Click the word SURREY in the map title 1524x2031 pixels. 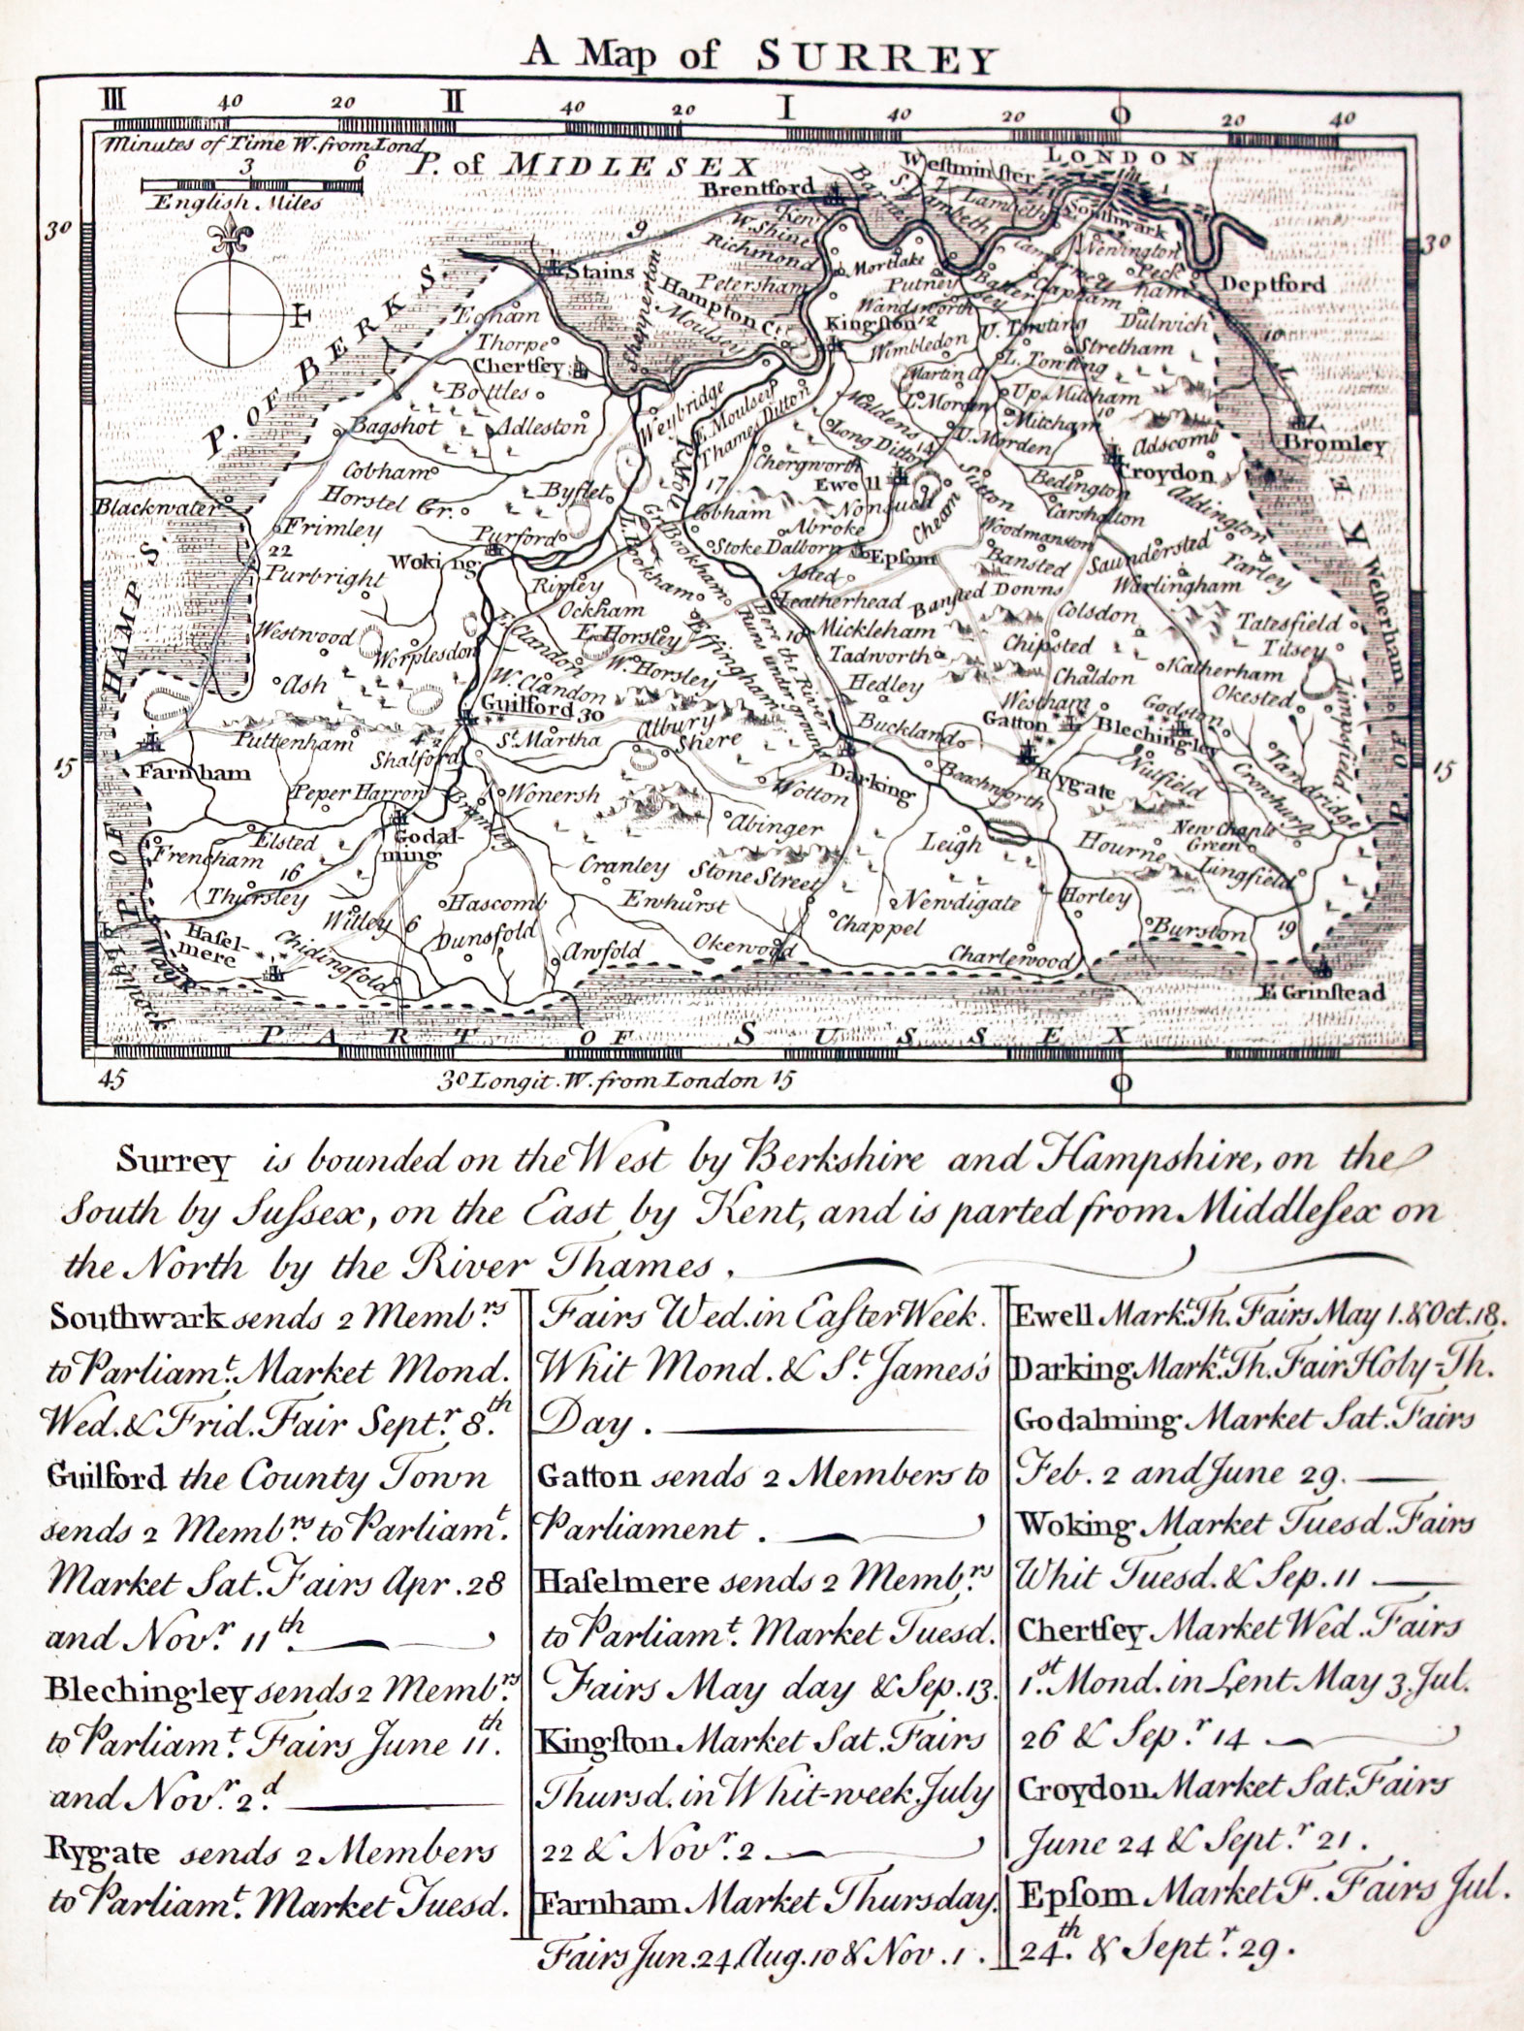pyautogui.click(x=873, y=60)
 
